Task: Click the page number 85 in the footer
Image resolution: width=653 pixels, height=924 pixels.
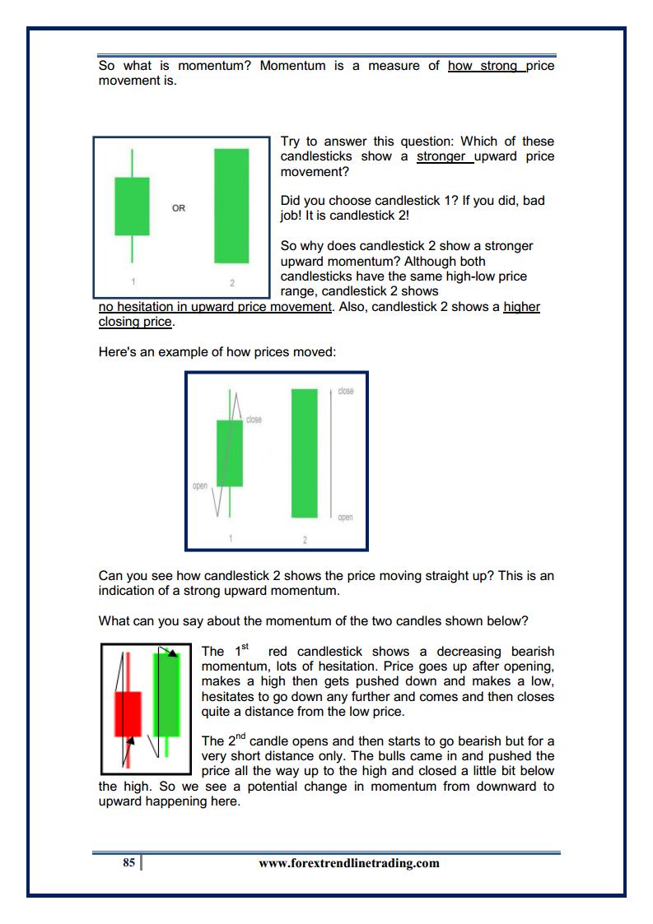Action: [x=128, y=863]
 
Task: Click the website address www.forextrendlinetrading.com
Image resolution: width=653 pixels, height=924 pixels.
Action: [x=348, y=863]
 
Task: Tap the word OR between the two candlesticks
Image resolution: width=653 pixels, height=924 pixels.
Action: [x=179, y=208]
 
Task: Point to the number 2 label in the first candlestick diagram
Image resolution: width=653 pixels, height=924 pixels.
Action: [x=231, y=282]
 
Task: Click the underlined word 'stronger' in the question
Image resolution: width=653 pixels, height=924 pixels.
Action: [x=443, y=156]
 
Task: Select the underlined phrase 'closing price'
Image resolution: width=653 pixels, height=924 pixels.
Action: [x=136, y=322]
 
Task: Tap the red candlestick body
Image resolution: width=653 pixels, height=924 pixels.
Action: [x=128, y=713]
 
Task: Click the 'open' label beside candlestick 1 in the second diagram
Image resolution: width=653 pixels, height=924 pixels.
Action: [x=200, y=485]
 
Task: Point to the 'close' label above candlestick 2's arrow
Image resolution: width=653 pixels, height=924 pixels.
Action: [x=346, y=391]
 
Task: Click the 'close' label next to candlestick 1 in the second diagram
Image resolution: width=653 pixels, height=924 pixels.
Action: [x=254, y=420]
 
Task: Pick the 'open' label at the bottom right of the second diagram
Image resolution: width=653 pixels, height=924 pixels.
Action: [x=345, y=517]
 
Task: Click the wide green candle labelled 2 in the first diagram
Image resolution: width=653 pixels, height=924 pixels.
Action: [x=231, y=206]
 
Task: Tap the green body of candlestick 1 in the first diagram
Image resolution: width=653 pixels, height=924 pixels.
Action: [x=132, y=206]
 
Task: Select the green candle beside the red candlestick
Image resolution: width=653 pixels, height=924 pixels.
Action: [x=167, y=695]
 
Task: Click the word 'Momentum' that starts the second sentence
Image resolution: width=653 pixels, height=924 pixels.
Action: [x=292, y=66]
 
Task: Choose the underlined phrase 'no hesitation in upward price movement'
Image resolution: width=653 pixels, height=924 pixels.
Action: [x=215, y=307]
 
